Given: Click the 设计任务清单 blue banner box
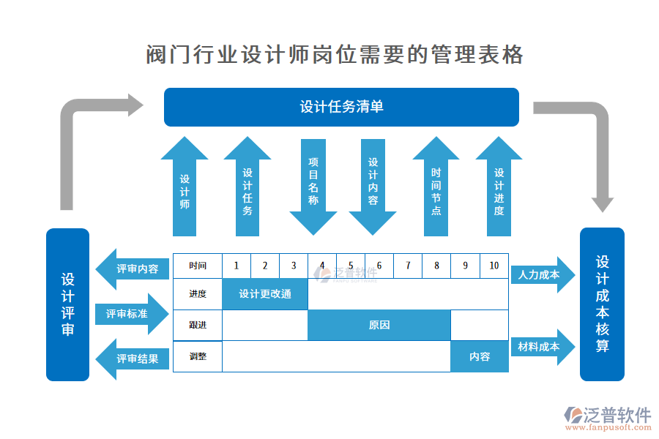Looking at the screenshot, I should [341, 107].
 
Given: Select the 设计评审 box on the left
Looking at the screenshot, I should [67, 304].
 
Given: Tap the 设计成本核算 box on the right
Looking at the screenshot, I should [602, 304].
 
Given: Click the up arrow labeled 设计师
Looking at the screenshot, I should [185, 190].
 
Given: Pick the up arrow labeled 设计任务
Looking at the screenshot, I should [247, 190].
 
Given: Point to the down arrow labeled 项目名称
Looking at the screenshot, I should [313, 187].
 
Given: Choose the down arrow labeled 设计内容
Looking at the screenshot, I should [373, 187].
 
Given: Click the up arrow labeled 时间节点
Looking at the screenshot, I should [436, 190].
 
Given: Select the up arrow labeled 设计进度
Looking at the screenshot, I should [499, 190].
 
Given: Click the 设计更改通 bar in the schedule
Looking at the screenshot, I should [265, 294].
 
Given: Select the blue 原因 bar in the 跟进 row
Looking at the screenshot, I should [379, 325].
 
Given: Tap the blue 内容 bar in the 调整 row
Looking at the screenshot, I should [480, 356].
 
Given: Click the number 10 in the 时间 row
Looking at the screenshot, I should [494, 266].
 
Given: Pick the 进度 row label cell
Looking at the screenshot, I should [198, 294].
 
